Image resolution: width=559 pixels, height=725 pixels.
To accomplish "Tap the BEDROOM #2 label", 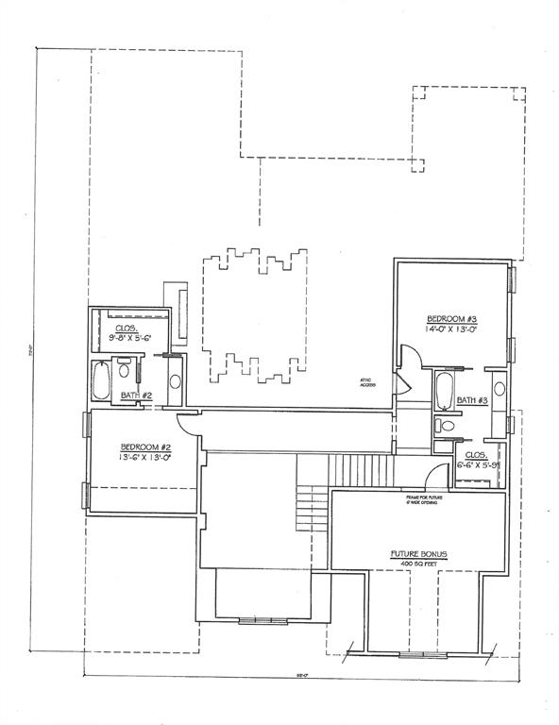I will [x=144, y=447].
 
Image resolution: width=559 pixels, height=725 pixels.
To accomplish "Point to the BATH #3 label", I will [x=471, y=400].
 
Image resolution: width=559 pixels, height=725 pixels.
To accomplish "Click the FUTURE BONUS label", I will [x=418, y=552].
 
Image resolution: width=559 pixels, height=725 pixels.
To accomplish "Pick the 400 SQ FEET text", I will [x=418, y=563].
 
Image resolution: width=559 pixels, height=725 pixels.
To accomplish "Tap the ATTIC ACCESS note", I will [x=366, y=382].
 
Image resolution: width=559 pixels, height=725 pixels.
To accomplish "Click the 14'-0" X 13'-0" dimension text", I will [x=451, y=330].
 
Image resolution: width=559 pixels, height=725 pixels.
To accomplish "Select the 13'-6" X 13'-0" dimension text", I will [x=144, y=458].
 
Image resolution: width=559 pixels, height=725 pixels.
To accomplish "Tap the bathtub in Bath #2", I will [x=102, y=381].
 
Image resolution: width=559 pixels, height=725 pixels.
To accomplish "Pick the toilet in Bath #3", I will [x=448, y=426].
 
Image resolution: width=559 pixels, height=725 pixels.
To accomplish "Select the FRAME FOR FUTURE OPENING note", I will [x=424, y=498].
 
